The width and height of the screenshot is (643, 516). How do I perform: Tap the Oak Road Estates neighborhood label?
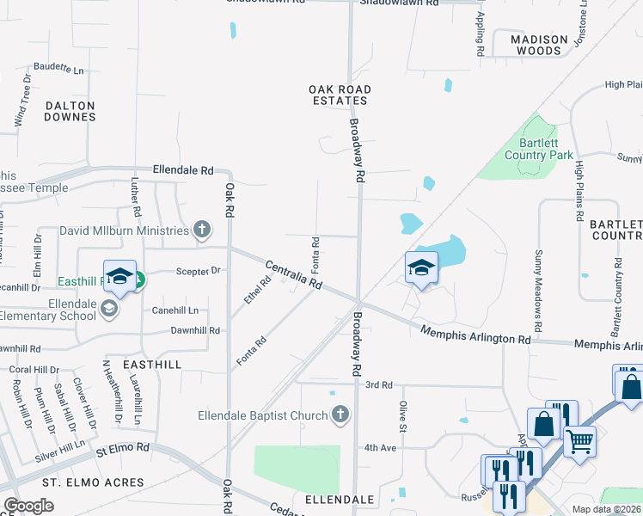click(340, 95)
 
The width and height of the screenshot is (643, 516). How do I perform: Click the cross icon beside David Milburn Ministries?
click(201, 230)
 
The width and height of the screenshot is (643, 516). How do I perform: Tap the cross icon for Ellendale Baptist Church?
click(340, 415)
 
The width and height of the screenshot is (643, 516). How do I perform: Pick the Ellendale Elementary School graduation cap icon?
click(109, 309)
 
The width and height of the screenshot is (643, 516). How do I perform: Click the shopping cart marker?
click(580, 442)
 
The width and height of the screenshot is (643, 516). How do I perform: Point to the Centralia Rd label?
click(293, 274)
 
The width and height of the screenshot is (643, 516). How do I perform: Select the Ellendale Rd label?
click(182, 170)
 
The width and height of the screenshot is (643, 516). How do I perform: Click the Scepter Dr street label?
click(199, 270)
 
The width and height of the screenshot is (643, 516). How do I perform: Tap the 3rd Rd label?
click(378, 384)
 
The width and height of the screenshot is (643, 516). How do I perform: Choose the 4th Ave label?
click(379, 447)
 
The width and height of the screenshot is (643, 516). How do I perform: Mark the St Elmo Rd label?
click(123, 448)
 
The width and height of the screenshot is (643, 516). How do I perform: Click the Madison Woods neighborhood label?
click(539, 45)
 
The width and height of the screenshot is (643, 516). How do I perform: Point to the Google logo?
click(29, 506)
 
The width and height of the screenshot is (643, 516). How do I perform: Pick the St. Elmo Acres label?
click(64, 482)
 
